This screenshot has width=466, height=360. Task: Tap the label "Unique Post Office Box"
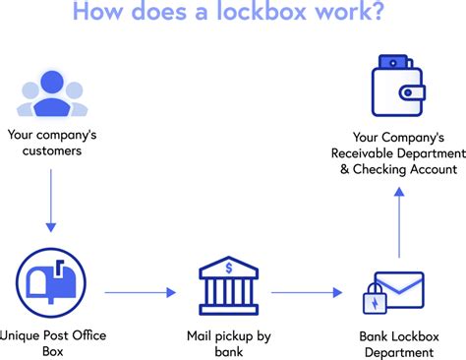54,343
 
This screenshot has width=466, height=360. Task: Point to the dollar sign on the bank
228,267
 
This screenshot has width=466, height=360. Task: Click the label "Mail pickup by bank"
228,343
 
